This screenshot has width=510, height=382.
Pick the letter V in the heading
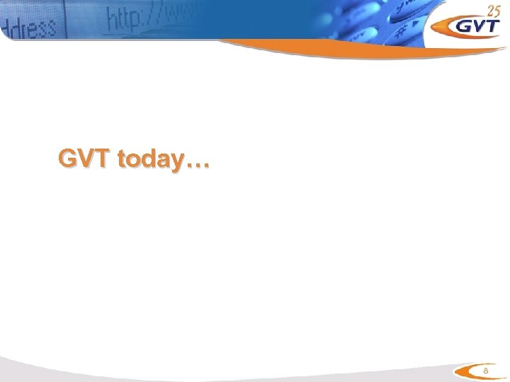[x=86, y=160]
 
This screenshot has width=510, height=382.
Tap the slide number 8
[x=485, y=372]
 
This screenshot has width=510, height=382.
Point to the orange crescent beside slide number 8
[x=465, y=372]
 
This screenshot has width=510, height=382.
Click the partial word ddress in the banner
[x=31, y=28]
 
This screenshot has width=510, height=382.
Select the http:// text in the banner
[x=139, y=18]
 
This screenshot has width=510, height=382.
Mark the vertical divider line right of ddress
[x=65, y=21]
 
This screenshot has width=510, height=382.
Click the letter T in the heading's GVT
[x=101, y=160]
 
